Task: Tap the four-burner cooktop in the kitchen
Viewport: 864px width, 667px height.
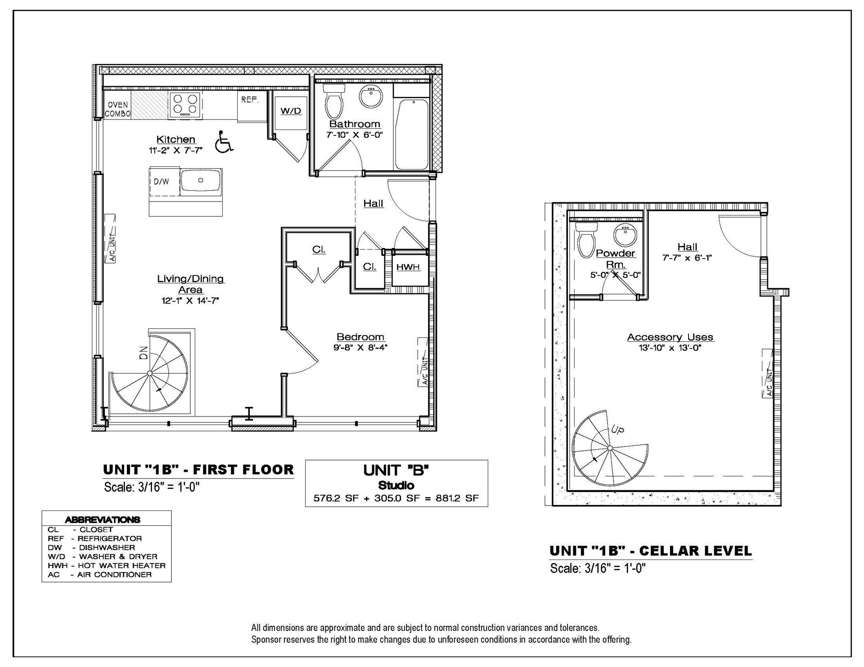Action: [x=185, y=105]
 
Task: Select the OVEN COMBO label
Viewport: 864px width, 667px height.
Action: [x=117, y=109]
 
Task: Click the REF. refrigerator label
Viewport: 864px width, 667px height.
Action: [x=250, y=99]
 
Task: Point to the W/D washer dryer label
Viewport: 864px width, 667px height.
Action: [x=291, y=111]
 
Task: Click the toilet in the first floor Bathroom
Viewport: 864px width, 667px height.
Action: [x=333, y=100]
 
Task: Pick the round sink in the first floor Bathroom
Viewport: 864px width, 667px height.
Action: [x=371, y=97]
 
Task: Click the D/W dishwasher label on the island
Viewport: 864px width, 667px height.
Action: [x=161, y=182]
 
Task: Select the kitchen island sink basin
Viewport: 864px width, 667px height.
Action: [x=201, y=180]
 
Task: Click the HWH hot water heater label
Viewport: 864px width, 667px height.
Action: [x=408, y=267]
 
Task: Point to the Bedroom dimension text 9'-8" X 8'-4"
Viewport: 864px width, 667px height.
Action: [x=360, y=347]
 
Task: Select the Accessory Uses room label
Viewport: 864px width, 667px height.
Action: [x=670, y=337]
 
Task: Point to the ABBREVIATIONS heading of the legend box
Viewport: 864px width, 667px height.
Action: [x=103, y=519]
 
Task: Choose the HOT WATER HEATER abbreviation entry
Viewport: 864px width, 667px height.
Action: [x=122, y=565]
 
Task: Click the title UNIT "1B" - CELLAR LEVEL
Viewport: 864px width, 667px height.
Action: [x=651, y=551]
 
